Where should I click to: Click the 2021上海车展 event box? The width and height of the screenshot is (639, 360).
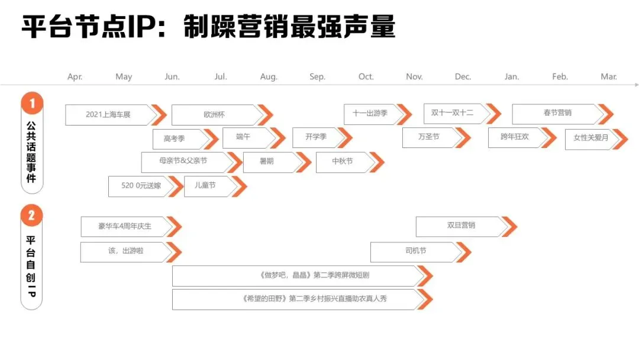108,114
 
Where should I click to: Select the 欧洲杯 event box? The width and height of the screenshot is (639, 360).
214,114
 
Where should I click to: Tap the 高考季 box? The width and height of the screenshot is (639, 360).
175,139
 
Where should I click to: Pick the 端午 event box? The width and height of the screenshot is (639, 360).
243,137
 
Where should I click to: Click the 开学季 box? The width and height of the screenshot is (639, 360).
316,137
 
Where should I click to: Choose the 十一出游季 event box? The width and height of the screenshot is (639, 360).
370,114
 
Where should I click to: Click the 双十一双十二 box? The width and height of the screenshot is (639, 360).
453,113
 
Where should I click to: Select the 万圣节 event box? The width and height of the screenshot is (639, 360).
428,137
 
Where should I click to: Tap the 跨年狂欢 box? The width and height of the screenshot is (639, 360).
514,137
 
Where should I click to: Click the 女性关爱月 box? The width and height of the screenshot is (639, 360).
590,139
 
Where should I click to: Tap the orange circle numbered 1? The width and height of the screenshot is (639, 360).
32,104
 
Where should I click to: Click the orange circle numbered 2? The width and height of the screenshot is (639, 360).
32,216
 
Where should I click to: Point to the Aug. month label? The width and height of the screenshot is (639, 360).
269,77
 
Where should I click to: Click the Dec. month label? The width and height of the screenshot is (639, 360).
463,77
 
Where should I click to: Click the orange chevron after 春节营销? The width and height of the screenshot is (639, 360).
605,114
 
